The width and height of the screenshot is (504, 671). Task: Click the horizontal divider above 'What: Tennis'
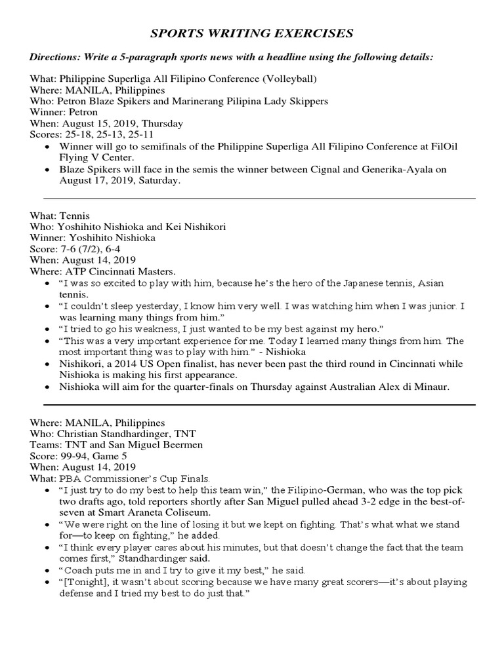pyautogui.click(x=259, y=198)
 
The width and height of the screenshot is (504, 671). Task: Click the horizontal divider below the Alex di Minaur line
pyautogui.click(x=259, y=404)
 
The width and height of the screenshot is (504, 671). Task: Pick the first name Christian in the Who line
pyautogui.click(x=81, y=434)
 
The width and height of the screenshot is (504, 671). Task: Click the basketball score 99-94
pyautogui.click(x=73, y=456)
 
